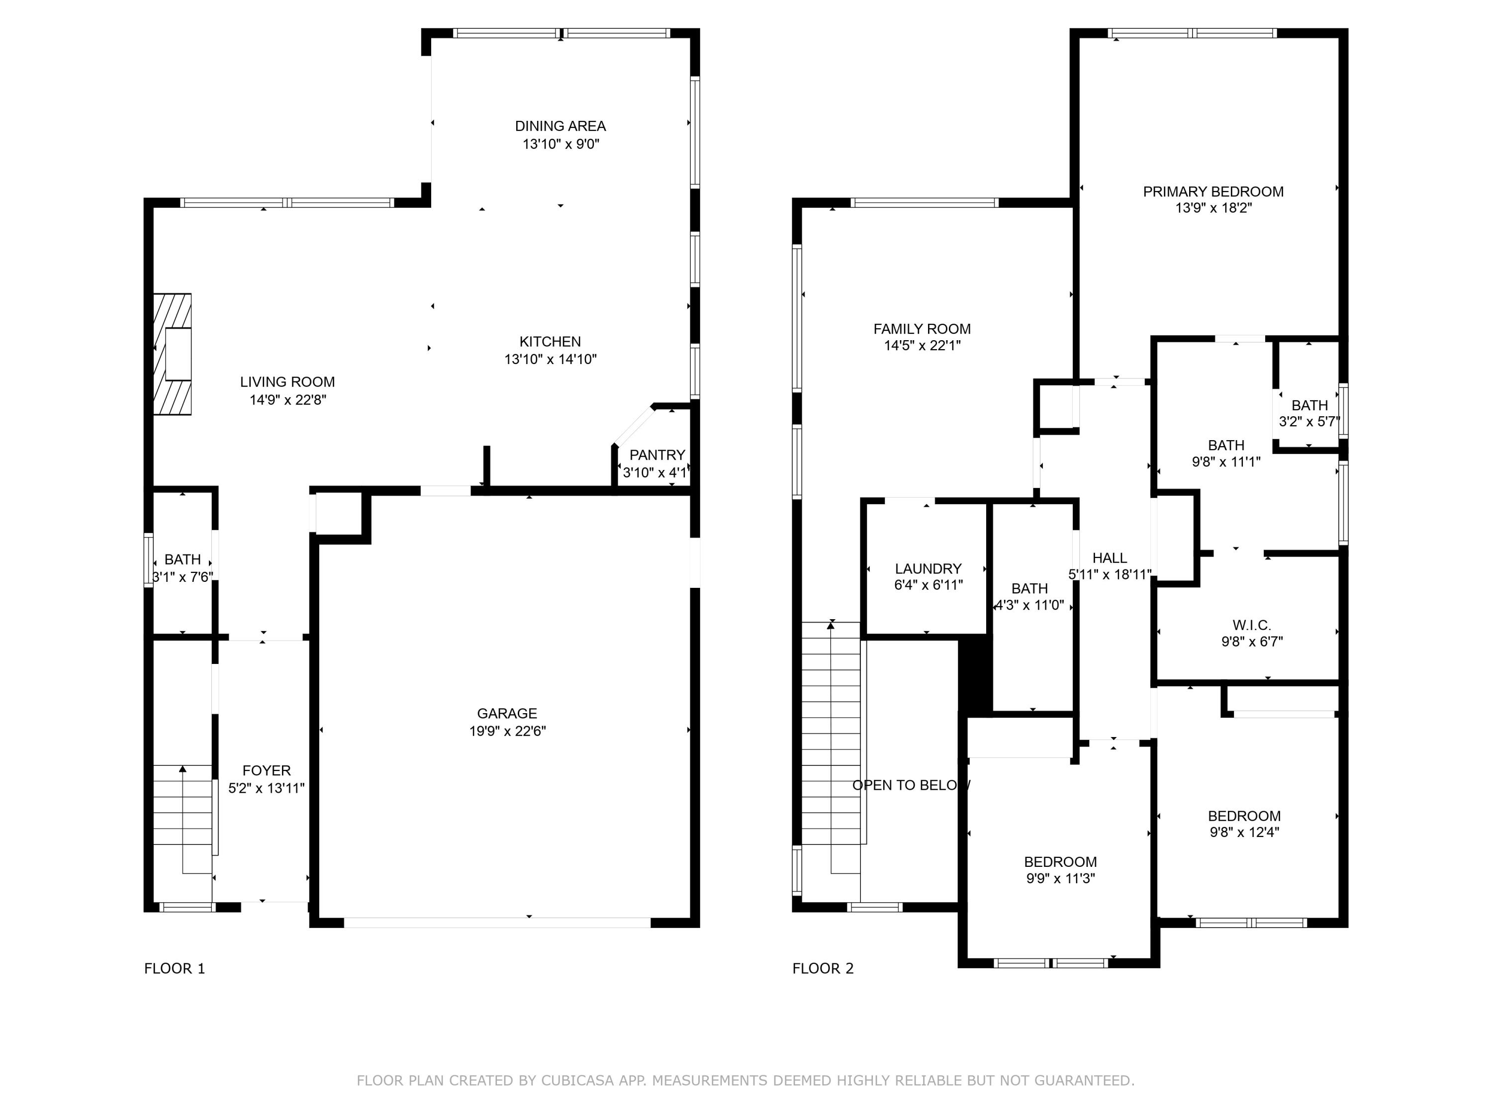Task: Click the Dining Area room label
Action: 560,126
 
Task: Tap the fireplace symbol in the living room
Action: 173,354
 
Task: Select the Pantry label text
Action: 657,455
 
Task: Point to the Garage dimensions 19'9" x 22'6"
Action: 507,731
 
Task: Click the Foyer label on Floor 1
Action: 267,770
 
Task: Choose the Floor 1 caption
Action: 174,969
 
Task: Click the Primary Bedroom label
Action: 1213,191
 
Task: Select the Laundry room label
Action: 928,568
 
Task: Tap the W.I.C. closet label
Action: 1251,625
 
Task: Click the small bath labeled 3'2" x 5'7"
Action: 1308,413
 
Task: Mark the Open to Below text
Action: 911,785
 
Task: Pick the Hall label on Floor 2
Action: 1109,558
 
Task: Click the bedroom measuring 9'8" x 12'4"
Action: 1244,824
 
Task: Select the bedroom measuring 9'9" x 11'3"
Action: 1060,869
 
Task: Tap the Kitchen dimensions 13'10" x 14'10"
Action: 551,360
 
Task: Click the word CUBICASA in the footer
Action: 577,1081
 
